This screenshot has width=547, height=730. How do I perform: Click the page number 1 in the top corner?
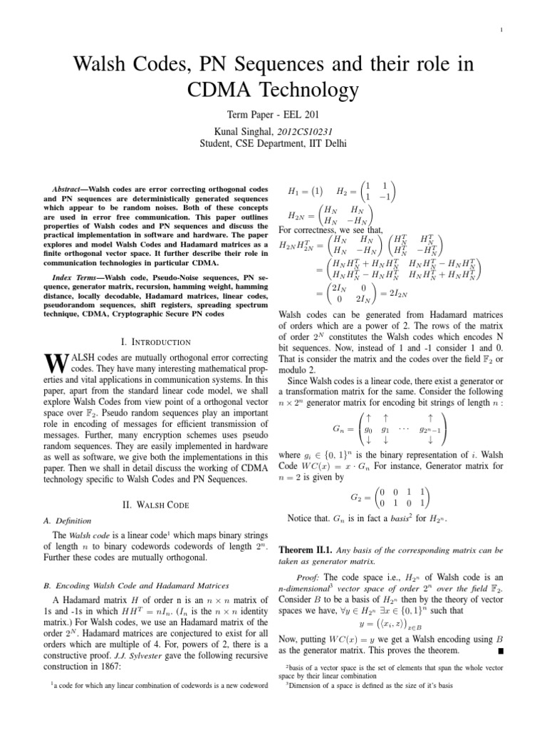pos(502,29)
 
